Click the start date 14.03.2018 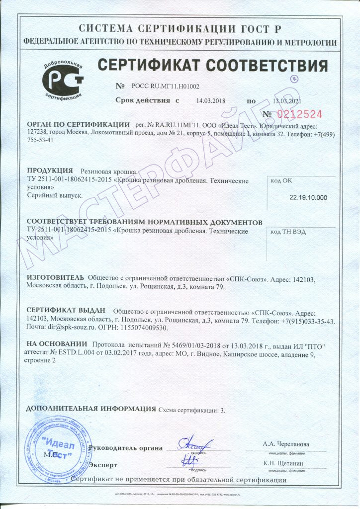point(211,100)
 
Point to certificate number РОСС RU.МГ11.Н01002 point(165,86)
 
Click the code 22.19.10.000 point(308,197)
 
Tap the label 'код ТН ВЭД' point(288,232)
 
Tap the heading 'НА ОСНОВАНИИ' point(56,344)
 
